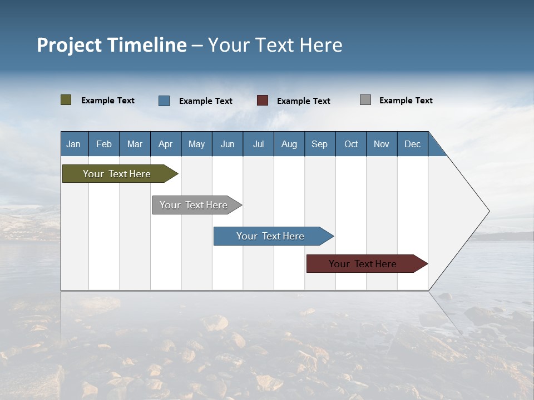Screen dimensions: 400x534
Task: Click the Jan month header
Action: pos(74,144)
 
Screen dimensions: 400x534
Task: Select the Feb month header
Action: pos(104,144)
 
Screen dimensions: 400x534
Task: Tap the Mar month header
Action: pos(135,144)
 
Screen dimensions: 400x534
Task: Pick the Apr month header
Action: pos(166,144)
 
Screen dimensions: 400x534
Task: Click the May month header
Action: pos(196,144)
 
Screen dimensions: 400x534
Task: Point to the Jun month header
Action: pos(228,144)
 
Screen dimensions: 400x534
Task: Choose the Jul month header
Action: pos(258,144)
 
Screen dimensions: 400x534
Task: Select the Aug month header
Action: pos(289,144)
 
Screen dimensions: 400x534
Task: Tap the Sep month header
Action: pos(320,144)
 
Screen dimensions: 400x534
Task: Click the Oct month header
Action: pos(351,144)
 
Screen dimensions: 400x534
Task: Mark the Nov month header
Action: pos(382,144)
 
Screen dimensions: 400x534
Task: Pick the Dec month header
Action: pos(413,144)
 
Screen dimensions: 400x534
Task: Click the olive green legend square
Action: pos(66,100)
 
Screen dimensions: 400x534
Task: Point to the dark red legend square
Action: pos(263,101)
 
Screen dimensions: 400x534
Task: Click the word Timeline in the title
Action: pos(147,45)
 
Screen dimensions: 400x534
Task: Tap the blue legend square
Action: pos(164,101)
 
